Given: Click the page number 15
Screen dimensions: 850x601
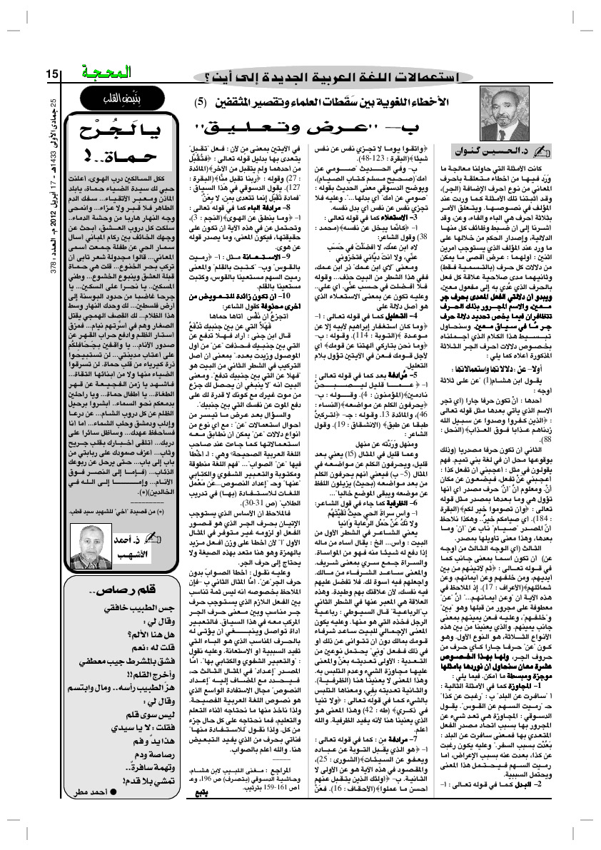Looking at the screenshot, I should (53, 74).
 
